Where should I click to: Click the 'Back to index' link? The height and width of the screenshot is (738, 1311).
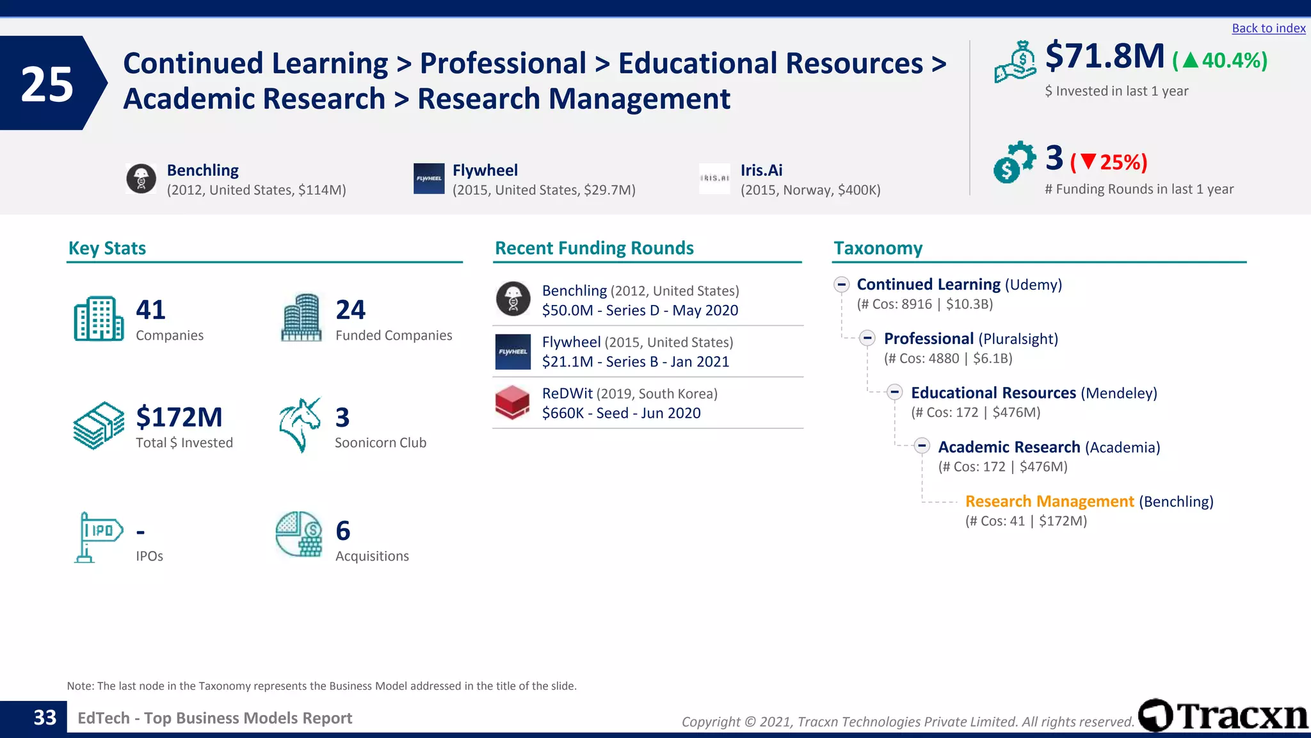click(1268, 28)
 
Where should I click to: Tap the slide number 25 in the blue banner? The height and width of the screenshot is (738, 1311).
click(47, 84)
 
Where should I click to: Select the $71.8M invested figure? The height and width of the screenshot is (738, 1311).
click(1105, 56)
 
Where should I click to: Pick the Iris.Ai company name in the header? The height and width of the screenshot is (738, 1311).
click(761, 170)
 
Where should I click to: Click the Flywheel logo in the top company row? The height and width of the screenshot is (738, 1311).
click(428, 178)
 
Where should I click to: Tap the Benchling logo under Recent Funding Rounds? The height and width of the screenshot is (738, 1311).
click(513, 299)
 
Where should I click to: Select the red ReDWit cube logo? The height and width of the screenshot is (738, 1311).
click(512, 402)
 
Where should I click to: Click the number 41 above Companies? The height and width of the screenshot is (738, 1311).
click(150, 310)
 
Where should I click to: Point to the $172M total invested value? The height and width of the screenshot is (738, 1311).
click(179, 417)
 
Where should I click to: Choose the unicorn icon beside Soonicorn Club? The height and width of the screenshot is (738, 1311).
click(300, 425)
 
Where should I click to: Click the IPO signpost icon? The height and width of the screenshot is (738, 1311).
click(97, 537)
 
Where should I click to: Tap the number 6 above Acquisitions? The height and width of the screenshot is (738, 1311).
click(342, 530)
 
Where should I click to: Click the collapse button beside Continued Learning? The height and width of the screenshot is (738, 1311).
click(842, 284)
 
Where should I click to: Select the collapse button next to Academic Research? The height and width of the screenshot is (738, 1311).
click(922, 446)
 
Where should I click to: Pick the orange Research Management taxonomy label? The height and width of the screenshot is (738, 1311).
click(1049, 501)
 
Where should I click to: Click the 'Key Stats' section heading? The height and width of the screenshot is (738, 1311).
click(107, 248)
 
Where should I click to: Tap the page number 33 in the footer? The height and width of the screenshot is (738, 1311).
click(45, 717)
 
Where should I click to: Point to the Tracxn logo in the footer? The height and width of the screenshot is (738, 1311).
click(1223, 716)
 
